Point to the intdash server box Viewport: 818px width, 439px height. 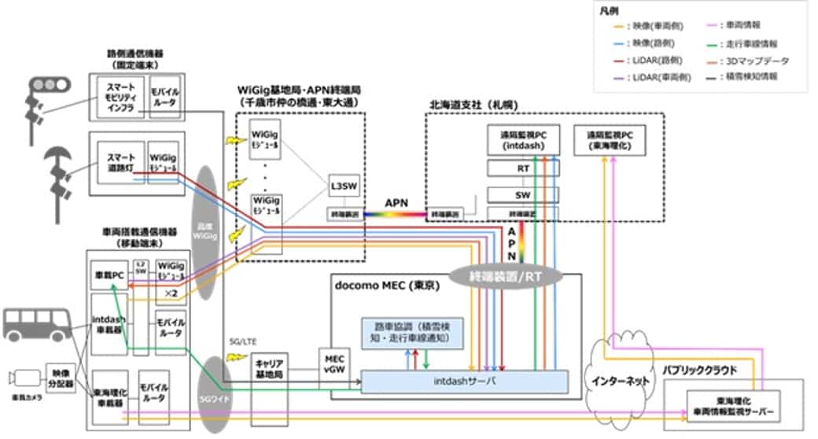click(x=464, y=382)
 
